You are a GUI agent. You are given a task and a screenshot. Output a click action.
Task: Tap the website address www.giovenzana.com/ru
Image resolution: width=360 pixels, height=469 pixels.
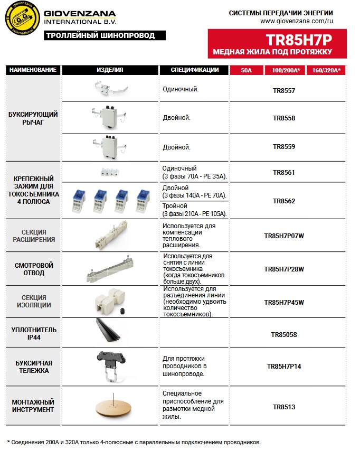297,22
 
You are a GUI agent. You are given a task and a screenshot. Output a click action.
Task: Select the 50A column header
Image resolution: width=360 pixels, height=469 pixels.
247,70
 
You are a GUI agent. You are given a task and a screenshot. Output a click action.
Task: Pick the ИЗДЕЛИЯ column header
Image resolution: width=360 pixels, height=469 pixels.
110,70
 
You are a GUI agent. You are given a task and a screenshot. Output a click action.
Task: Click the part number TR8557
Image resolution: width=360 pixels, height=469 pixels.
284,91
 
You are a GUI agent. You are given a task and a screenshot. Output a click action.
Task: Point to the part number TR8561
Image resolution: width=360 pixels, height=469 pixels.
284,172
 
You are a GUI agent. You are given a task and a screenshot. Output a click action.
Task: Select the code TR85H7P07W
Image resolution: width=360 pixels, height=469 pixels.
284,236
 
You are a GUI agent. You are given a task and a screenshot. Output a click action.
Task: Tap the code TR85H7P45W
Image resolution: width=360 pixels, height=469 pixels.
284,302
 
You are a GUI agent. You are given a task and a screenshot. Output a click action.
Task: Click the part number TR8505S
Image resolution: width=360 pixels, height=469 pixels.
284,334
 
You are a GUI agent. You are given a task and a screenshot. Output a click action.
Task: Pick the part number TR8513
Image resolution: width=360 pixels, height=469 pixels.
284,407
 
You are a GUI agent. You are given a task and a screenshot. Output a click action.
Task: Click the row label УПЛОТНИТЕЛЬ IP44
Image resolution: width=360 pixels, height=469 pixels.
34,334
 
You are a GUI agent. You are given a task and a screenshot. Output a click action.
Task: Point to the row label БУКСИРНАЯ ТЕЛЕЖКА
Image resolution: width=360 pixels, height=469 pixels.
34,367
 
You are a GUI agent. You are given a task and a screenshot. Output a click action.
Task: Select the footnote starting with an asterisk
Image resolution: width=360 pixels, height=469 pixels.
134,442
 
